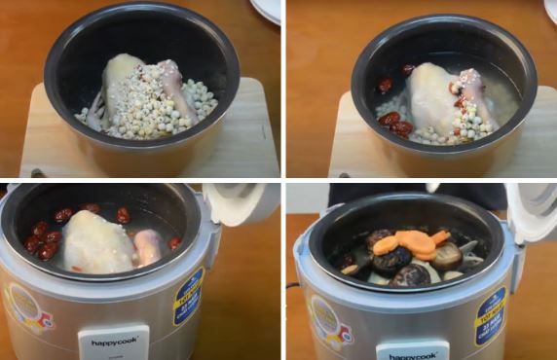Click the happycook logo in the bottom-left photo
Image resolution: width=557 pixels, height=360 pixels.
pos(113,342)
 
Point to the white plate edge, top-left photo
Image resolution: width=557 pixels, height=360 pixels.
pos(267,10)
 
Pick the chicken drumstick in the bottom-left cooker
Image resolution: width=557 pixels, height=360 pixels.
pos(148,247)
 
